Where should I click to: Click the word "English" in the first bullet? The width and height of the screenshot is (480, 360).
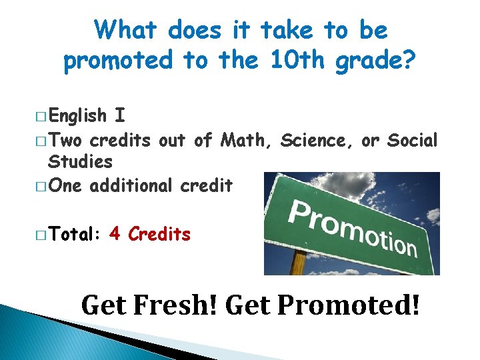77,116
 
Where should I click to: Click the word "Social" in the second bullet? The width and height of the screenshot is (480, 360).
412,141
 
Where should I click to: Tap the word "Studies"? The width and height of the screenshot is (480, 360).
80,162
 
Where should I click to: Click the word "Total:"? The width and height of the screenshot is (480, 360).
74,235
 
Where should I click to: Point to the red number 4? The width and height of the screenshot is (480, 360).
114,235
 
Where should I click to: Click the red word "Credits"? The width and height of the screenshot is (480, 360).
159,235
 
